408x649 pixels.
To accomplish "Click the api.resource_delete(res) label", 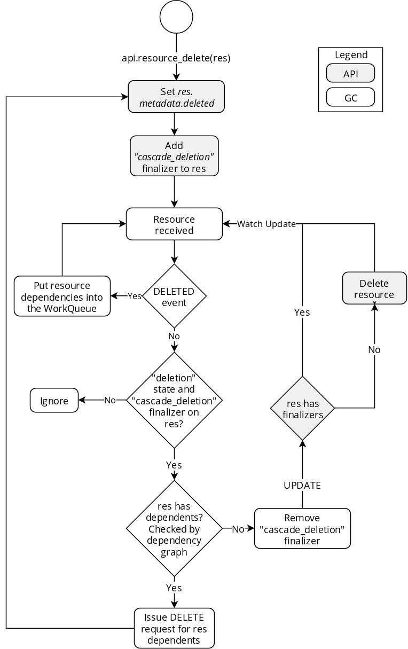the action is [176, 58].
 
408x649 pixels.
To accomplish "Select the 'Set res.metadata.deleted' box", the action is [176, 97].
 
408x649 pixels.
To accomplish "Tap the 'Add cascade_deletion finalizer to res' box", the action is [174, 156].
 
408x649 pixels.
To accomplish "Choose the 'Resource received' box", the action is [174, 224].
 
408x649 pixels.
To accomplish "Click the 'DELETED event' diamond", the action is [174, 296].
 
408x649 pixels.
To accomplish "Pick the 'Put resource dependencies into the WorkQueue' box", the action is [62, 296].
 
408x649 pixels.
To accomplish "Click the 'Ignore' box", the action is [54, 400].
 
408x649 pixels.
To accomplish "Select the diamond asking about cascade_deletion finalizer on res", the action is [174, 400].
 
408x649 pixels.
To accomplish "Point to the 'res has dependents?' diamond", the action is [174, 528].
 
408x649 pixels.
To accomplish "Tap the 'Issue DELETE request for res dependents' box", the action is [174, 628].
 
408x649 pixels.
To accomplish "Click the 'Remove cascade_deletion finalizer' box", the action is [302, 528].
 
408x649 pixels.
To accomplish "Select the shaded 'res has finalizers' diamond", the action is [302, 408].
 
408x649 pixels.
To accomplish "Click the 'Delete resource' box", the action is [374, 288].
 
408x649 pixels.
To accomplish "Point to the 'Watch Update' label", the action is [266, 224].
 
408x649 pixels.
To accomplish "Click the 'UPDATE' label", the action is [302, 486].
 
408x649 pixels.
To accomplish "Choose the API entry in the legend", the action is [350, 73].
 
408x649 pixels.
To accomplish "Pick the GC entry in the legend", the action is [350, 97].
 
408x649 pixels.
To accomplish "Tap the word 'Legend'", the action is [351, 55].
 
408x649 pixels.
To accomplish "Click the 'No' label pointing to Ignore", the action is [110, 400].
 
